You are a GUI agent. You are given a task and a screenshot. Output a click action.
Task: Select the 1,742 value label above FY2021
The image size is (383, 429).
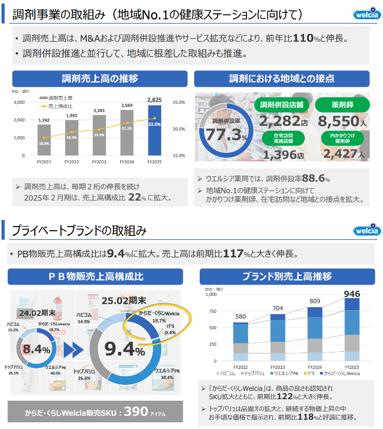(44, 120)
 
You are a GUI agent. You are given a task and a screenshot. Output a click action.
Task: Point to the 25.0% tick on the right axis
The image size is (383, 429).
(179, 102)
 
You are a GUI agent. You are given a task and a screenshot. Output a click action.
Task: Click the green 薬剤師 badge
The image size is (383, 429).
(341, 105)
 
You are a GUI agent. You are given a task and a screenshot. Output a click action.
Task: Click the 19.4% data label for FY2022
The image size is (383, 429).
(72, 138)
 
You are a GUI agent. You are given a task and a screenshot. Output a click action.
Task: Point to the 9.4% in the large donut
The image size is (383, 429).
(125, 349)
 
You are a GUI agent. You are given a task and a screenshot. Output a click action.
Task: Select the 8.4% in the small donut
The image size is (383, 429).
(36, 350)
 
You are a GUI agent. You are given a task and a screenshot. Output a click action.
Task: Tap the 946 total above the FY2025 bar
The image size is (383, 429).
(352, 294)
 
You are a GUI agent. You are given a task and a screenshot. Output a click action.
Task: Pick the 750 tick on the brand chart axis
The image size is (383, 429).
(210, 311)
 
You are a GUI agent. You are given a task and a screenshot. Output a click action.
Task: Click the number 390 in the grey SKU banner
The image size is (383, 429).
(136, 411)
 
